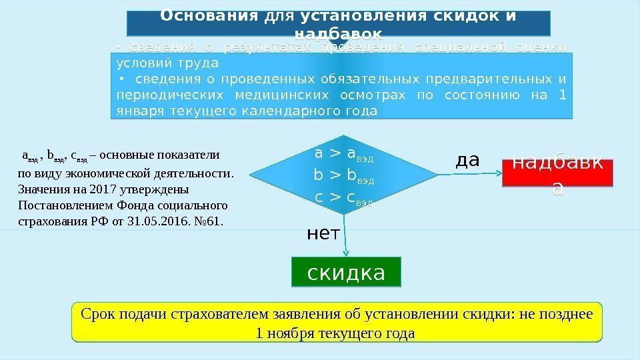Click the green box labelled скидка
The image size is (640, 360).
pos(346,272)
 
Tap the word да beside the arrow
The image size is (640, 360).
pos(467,160)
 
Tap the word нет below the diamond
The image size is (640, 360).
pos(323,233)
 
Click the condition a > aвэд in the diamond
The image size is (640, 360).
pos(344,155)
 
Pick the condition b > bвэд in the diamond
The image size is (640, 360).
pos(344,177)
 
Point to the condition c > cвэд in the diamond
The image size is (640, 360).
pos(344,197)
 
